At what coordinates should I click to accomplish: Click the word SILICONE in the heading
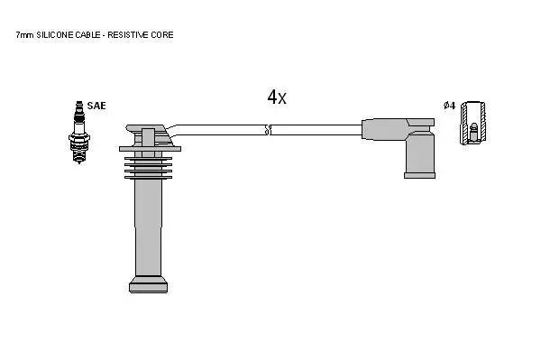point(54,35)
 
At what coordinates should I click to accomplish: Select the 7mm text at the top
point(25,35)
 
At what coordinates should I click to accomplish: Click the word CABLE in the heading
point(87,35)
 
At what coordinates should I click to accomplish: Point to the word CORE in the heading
point(161,35)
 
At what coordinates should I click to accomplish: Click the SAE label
point(96,106)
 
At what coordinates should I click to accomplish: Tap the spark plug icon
point(79,133)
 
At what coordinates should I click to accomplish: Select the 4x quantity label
point(277,97)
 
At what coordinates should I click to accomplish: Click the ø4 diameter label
point(450,106)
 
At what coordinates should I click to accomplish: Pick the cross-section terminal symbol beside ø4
point(473,123)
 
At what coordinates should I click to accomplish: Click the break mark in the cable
point(269,130)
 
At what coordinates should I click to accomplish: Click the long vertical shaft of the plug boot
point(149,227)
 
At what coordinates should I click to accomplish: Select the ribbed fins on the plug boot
point(149,168)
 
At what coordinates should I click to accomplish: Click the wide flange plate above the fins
point(150,149)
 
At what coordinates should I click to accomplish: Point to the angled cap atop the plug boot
point(149,135)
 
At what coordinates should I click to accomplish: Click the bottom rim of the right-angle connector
point(419,175)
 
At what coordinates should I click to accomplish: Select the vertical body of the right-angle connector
point(420,153)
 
